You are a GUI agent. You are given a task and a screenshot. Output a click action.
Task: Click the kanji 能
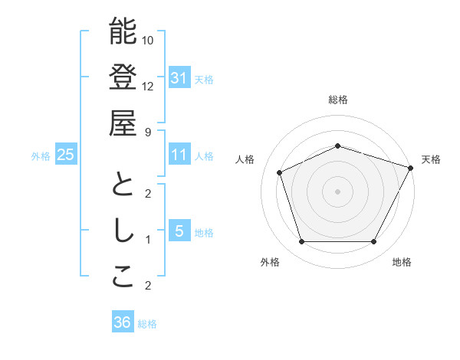click(x=123, y=32)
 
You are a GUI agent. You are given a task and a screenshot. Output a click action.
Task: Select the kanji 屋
click(x=123, y=123)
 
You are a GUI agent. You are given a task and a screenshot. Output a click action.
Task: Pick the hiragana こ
click(x=123, y=277)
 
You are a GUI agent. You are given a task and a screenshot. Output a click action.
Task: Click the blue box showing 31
click(x=179, y=77)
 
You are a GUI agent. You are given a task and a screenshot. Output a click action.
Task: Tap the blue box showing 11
click(x=179, y=155)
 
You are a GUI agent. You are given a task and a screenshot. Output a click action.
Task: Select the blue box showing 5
click(x=179, y=231)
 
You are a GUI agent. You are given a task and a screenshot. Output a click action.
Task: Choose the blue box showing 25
click(x=65, y=155)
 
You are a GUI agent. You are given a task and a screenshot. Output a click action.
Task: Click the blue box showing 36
click(x=122, y=322)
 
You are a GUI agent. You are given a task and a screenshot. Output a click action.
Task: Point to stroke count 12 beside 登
click(x=148, y=86)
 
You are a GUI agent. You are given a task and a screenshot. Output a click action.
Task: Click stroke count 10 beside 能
click(x=148, y=40)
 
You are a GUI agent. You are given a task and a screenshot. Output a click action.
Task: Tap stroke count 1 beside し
click(x=148, y=240)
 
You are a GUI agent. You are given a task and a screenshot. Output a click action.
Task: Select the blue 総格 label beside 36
click(x=147, y=324)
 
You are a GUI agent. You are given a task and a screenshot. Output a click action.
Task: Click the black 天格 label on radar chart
click(x=431, y=159)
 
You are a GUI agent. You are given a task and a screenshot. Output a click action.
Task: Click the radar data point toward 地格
click(x=373, y=242)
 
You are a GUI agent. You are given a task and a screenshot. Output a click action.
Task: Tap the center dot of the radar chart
click(x=337, y=191)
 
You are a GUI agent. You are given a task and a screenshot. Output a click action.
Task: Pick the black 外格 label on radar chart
click(x=270, y=262)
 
